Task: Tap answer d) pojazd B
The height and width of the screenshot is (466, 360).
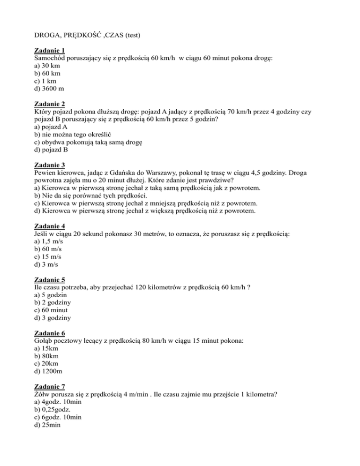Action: pyautogui.click(x=52, y=144)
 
